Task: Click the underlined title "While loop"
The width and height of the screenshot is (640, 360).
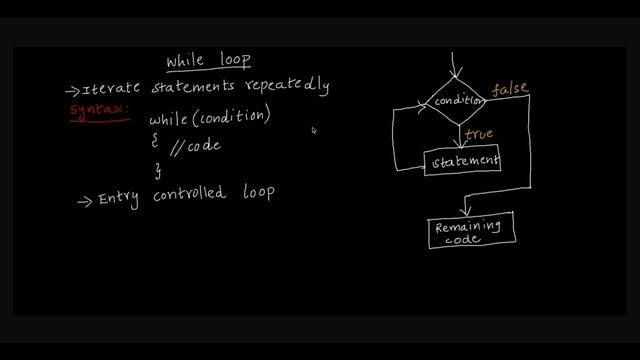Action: pyautogui.click(x=209, y=61)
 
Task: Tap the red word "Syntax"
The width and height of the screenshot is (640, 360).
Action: pyautogui.click(x=100, y=110)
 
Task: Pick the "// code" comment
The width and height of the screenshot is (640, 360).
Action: pyautogui.click(x=195, y=146)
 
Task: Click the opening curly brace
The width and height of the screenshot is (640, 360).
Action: pyautogui.click(x=155, y=141)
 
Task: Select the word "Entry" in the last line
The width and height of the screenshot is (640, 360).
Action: pyautogui.click(x=121, y=198)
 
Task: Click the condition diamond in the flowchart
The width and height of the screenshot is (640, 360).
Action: pyautogui.click(x=457, y=101)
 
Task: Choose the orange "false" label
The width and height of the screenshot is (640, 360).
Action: pyautogui.click(x=509, y=89)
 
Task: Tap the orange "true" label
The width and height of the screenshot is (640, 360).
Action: pyautogui.click(x=479, y=133)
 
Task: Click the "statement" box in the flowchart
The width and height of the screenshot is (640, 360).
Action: pyautogui.click(x=462, y=160)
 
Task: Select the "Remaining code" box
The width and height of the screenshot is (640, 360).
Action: pyautogui.click(x=471, y=231)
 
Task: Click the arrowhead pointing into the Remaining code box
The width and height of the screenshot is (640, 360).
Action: pyautogui.click(x=466, y=211)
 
